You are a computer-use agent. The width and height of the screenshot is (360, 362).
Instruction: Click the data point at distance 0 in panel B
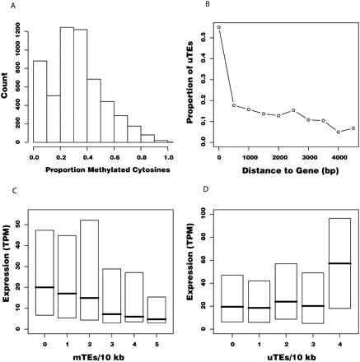219,27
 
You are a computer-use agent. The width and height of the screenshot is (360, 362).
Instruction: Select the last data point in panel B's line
353,128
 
